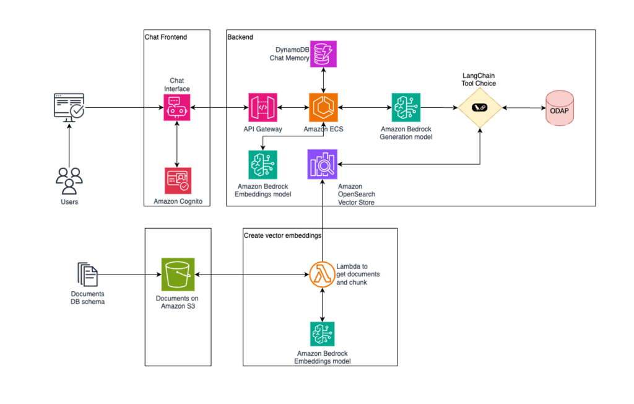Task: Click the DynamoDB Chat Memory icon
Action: [323, 53]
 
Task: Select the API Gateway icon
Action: [263, 108]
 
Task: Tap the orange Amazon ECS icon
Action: [323, 108]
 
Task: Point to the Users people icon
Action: [69, 180]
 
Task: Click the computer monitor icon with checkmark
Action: [69, 108]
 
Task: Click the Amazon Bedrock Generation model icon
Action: [406, 108]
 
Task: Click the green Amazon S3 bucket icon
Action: [178, 274]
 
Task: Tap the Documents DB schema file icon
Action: [87, 274]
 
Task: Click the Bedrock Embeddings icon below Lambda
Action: [323, 335]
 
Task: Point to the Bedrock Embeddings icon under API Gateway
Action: [263, 164]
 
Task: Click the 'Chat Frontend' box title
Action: [166, 37]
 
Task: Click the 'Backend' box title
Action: [240, 37]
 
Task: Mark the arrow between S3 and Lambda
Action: [251, 274]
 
